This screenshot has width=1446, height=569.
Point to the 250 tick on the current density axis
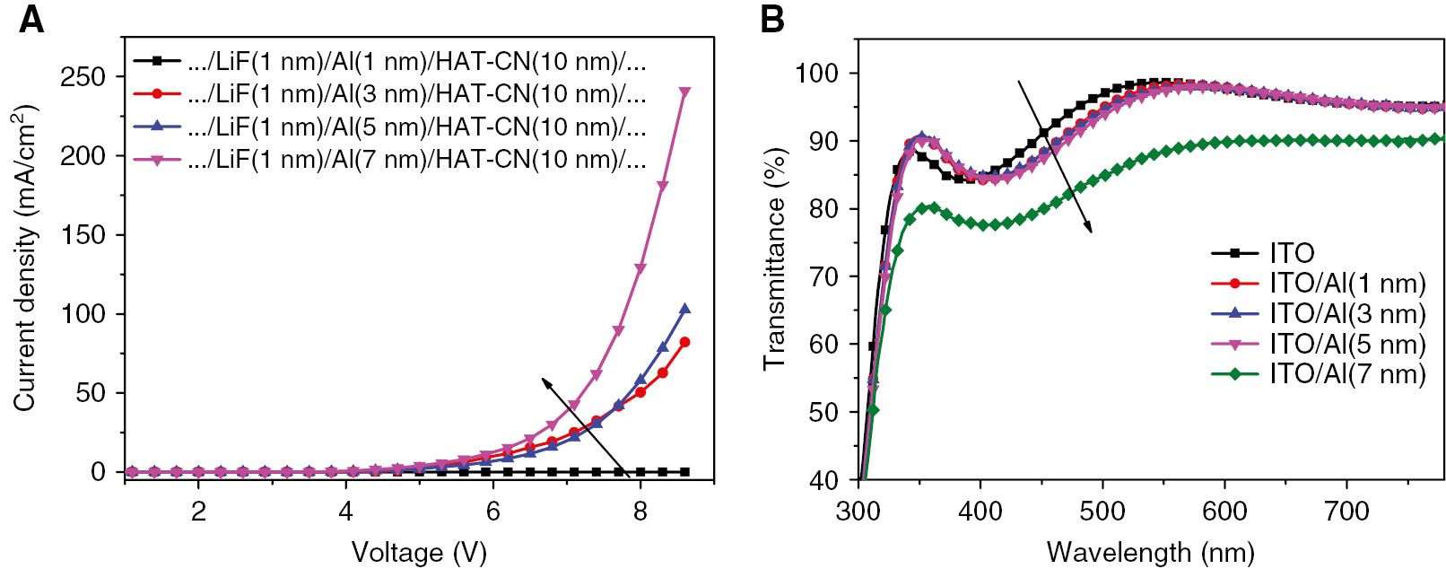click(x=83, y=77)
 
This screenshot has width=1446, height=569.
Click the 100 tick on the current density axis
click(x=83, y=314)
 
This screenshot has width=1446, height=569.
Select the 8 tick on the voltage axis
click(x=640, y=512)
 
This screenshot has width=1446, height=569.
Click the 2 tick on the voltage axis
click(x=198, y=512)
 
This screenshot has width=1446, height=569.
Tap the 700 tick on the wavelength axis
click(x=1346, y=512)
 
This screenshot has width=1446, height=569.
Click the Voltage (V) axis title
click(x=418, y=551)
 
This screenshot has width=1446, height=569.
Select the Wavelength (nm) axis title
click(x=1150, y=551)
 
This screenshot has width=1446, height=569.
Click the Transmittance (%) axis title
click(x=774, y=258)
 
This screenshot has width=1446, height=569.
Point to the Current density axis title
click(x=24, y=258)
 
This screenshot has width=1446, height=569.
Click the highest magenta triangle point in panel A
click(x=685, y=92)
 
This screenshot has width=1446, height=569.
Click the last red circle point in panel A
click(x=685, y=342)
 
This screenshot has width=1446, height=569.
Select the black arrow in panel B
click(x=1054, y=156)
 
